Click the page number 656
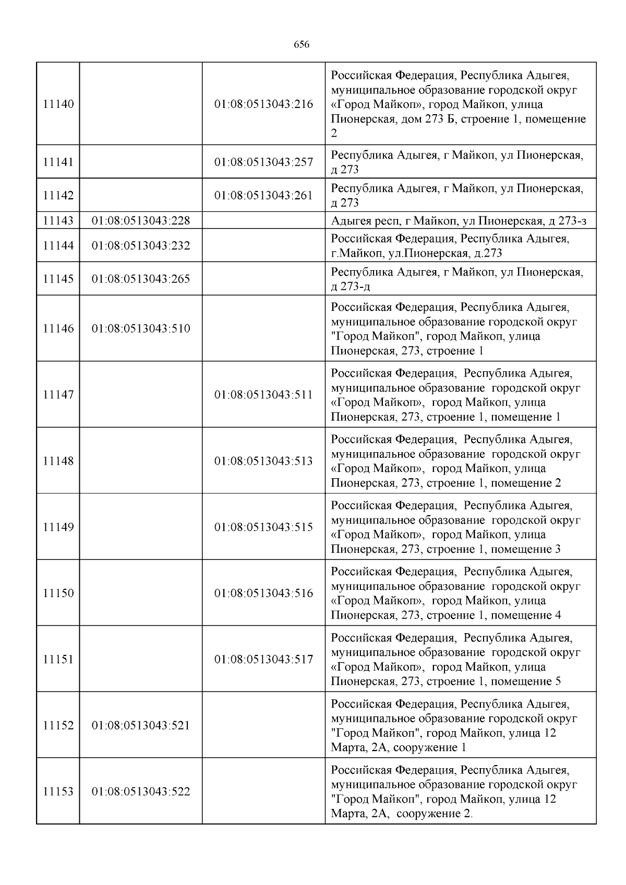(302, 45)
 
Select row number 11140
(58, 104)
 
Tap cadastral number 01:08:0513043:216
(263, 104)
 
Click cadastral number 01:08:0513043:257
(263, 162)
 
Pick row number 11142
(58, 196)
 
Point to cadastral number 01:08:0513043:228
(141, 221)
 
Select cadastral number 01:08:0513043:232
(141, 245)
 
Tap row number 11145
(58, 278)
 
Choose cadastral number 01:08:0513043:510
(141, 329)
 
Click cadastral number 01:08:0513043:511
(263, 395)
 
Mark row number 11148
(58, 461)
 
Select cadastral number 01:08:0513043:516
(263, 593)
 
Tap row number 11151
(58, 659)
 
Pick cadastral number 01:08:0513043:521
(141, 725)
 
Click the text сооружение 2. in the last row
(434, 814)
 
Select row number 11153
(58, 792)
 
